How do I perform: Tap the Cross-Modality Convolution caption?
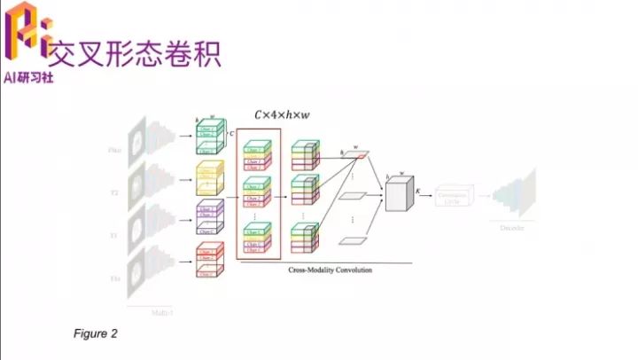331,270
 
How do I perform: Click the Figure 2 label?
95,333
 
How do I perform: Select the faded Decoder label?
513,228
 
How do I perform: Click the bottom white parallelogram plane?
354,240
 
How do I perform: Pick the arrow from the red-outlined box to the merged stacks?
286,192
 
